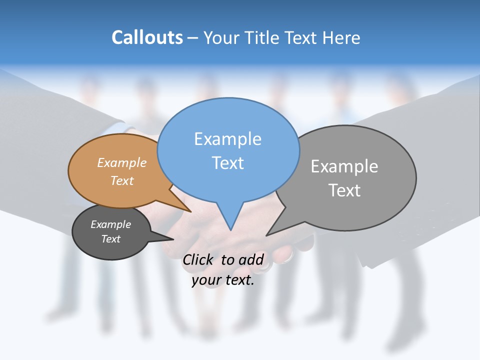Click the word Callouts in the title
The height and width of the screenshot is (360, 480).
pos(147,38)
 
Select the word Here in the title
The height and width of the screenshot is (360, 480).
pos(342,38)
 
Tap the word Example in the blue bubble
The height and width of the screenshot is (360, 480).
pos(227,139)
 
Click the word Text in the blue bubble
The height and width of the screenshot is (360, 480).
pos(227,163)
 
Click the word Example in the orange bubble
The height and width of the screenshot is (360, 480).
pos(122,163)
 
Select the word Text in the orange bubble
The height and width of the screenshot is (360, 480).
pos(122,180)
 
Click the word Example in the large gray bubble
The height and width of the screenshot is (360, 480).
pos(344,166)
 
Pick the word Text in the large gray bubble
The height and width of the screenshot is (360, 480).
pos(344,190)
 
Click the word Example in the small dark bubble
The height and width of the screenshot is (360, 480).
pos(110,224)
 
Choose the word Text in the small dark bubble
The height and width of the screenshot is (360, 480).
pos(110,239)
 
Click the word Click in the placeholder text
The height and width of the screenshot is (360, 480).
pos(199,259)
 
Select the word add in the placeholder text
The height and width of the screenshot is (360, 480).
pos(251,259)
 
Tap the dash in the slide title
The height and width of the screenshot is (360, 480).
pos(193,38)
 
